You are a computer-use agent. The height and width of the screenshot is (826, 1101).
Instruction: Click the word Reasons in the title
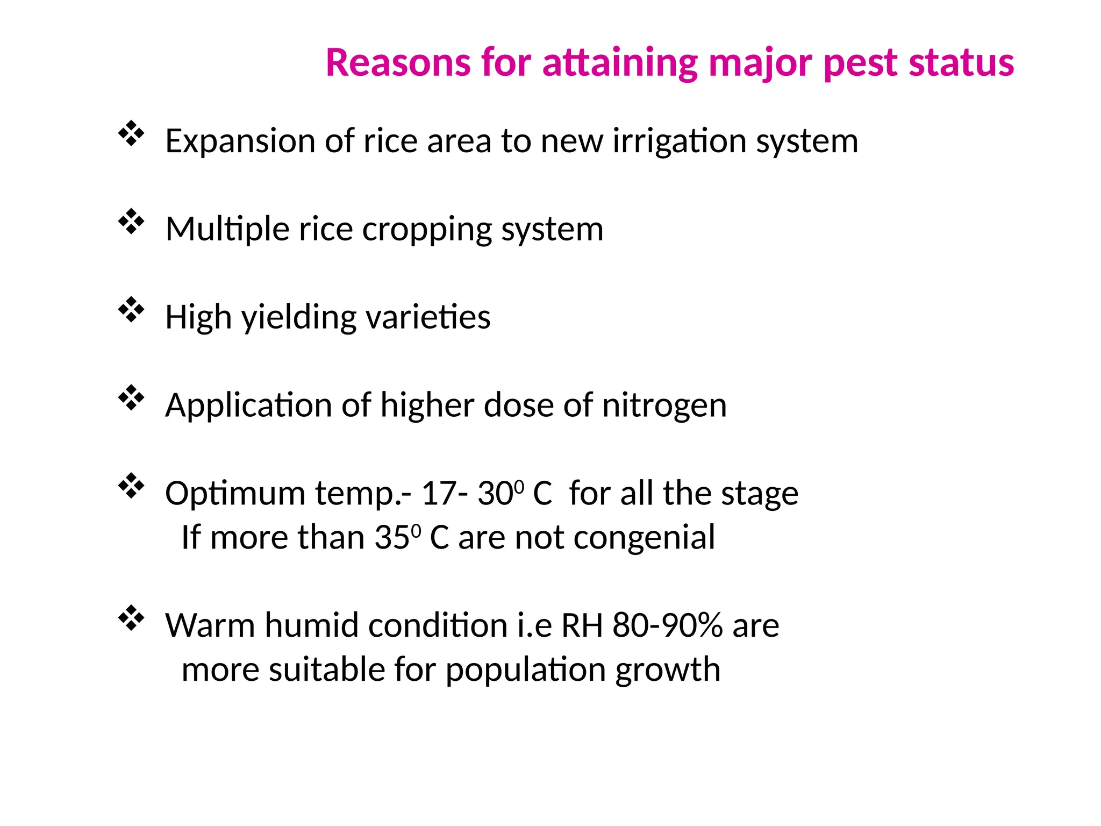coord(397,63)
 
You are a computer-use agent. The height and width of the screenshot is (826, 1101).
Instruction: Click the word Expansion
coord(240,141)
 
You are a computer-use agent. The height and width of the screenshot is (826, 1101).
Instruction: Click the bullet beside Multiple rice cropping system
coord(131,222)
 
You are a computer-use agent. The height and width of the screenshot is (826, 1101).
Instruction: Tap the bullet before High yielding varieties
coord(131,310)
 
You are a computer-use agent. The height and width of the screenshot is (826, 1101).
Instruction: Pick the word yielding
coord(298,318)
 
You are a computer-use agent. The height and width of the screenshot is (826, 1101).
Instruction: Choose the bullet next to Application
coord(131,398)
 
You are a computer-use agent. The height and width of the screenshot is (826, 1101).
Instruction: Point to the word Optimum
coord(234,494)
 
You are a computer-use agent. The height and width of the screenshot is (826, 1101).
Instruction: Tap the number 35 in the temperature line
coord(391,537)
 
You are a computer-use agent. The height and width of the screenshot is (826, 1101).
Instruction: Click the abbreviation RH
coord(582,625)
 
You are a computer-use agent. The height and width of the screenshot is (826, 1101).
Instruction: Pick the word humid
coord(311,625)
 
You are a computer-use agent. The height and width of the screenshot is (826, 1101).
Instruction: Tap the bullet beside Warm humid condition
coord(131,618)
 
